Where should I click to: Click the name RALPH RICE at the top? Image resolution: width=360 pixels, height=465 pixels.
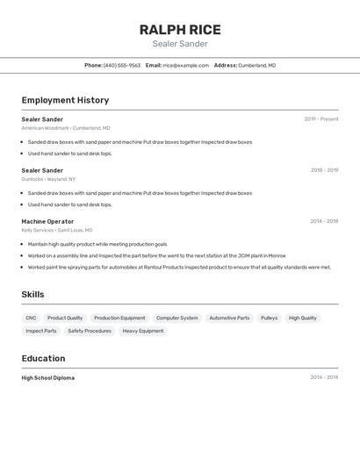180,30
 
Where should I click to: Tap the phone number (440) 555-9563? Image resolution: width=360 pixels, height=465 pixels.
122,65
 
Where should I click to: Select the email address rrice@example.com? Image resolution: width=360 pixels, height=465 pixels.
185,65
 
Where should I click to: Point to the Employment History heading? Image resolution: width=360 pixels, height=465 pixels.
65,100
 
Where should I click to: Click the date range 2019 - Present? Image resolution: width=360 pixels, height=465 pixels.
321,119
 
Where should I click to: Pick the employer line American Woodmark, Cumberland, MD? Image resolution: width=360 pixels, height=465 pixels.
66,128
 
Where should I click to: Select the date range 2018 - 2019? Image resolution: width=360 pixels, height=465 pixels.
324,170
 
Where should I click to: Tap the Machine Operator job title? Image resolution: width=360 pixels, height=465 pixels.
47,221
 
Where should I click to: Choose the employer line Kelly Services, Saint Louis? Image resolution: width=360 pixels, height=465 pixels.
57,230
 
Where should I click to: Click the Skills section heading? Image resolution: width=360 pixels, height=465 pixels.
33,295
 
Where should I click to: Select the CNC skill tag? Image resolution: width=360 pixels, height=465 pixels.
31,318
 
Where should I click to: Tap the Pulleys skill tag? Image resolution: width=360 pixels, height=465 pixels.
269,318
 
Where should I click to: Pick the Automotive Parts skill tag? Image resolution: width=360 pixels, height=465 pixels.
229,318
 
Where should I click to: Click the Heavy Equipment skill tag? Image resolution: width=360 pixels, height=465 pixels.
142,331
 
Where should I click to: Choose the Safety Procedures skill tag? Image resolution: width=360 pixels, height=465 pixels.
90,331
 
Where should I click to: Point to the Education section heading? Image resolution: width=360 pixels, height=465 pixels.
43,358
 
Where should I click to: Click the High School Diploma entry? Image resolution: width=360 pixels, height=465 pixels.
48,378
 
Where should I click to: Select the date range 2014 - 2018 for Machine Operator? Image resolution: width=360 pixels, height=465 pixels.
324,221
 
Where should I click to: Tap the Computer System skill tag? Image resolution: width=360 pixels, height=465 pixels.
177,318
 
